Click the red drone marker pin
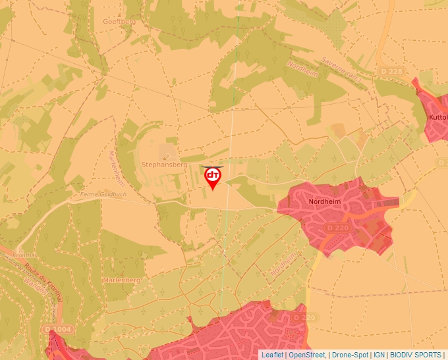pos(213,177)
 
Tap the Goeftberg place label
pos(119,21)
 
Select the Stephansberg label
pos(165,164)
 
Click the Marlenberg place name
pos(121,280)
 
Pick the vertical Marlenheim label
pos(116,168)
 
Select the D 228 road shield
pos(391,71)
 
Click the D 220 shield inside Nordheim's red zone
pos(337,228)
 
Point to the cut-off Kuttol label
pos(437,117)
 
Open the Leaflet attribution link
pos(271,355)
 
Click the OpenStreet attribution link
pos(307,355)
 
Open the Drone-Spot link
pos(350,355)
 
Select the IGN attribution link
pos(379,355)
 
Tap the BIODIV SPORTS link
pos(416,355)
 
